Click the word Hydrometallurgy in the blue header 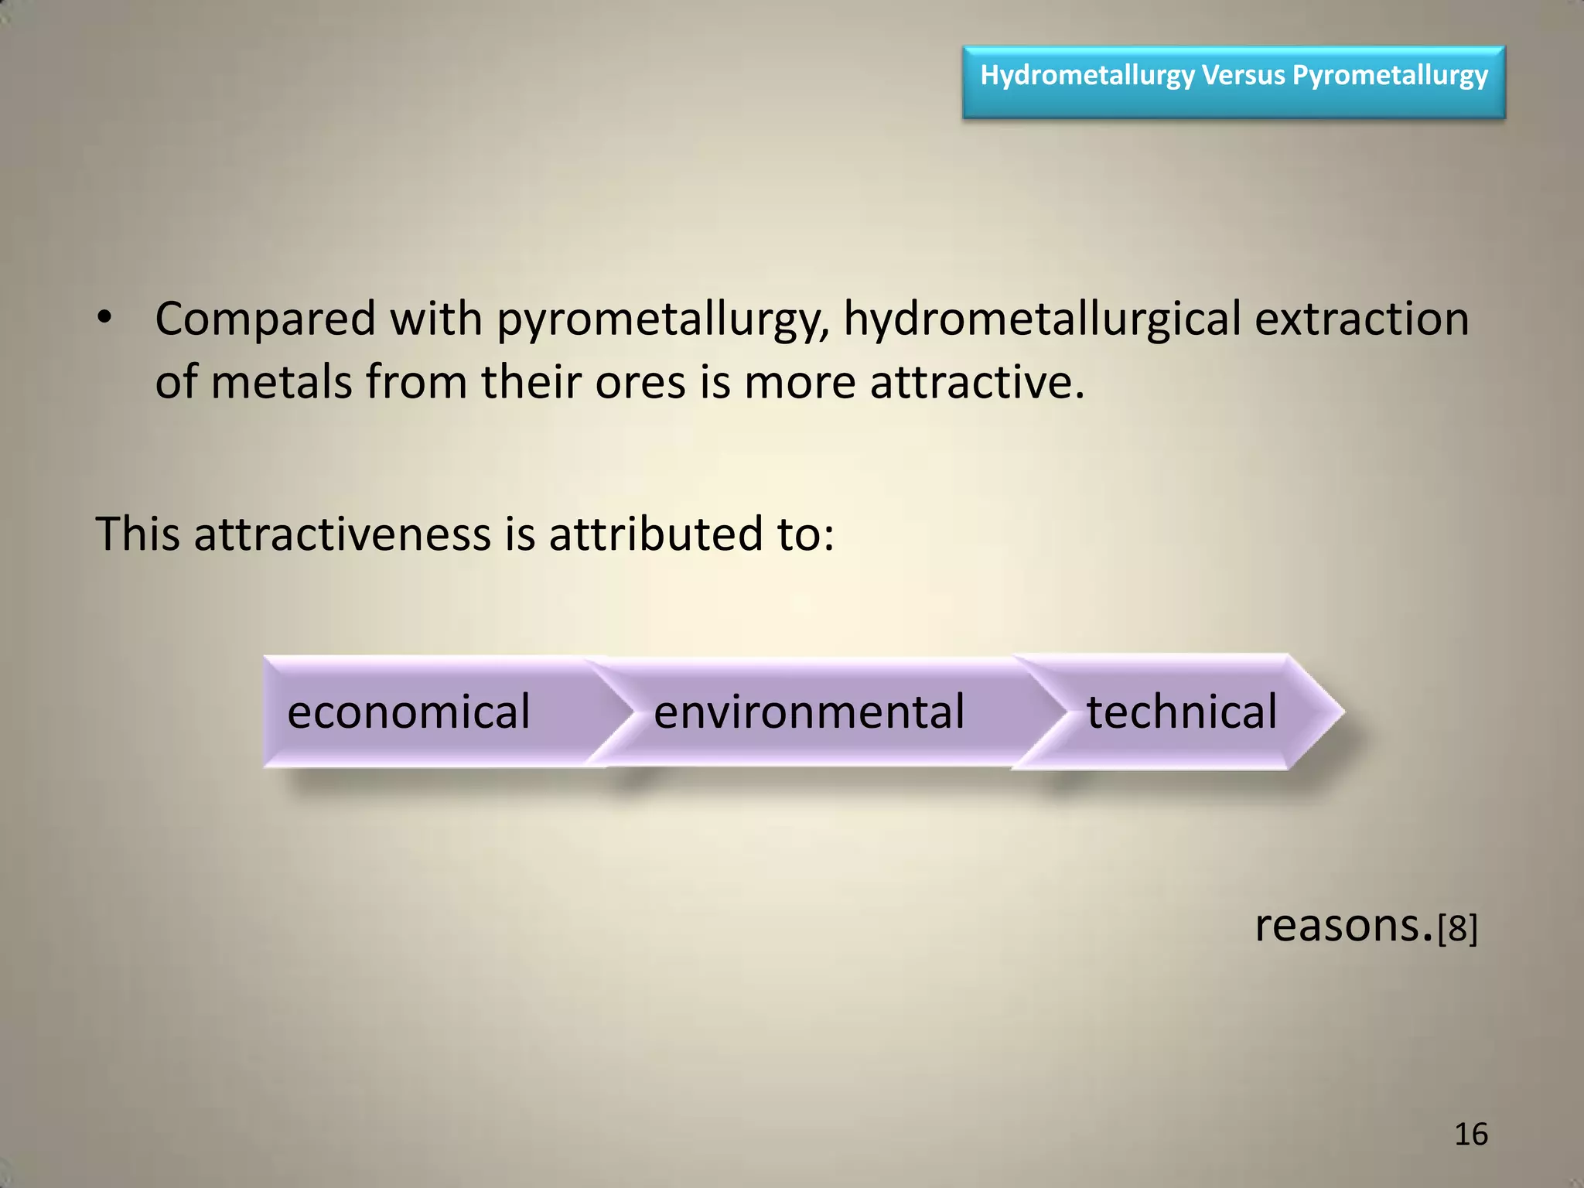(1087, 76)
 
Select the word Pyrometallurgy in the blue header (1390, 76)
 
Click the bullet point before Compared (105, 319)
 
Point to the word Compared (265, 319)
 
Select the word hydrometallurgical (1041, 320)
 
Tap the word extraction (1361, 319)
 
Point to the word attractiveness (343, 534)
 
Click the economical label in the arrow (408, 712)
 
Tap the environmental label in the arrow (809, 712)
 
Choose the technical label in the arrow (1182, 712)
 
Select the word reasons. (1343, 925)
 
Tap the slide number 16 (1470, 1135)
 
